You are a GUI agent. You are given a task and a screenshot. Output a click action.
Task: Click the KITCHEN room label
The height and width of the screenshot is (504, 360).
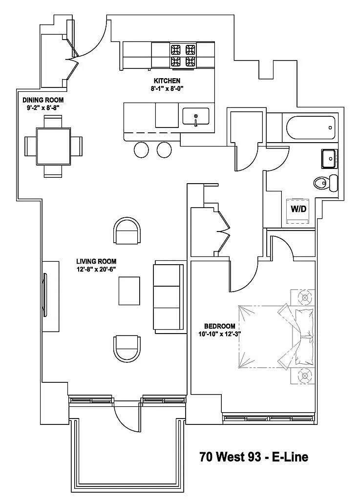167,81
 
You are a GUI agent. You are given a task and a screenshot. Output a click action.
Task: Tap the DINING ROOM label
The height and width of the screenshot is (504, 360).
43,100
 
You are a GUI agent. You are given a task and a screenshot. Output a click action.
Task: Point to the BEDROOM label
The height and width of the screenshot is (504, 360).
220,326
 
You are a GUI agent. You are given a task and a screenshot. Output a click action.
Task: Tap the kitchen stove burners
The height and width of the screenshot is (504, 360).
183,55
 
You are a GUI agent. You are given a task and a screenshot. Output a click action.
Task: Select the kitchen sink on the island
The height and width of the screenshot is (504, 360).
195,117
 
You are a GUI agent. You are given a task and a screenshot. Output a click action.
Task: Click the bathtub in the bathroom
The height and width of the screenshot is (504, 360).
309,127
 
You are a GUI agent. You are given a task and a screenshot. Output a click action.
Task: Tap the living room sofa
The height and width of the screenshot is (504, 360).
169,296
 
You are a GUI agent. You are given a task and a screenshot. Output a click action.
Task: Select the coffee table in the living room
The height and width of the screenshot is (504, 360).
129,291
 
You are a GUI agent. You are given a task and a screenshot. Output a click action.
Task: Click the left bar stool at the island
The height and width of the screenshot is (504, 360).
142,150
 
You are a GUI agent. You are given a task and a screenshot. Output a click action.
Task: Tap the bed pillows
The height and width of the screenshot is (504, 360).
303,337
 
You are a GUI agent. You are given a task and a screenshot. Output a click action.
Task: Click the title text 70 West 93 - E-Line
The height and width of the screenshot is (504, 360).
254,457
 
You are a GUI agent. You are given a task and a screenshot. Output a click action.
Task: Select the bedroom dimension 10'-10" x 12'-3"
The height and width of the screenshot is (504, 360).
220,334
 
